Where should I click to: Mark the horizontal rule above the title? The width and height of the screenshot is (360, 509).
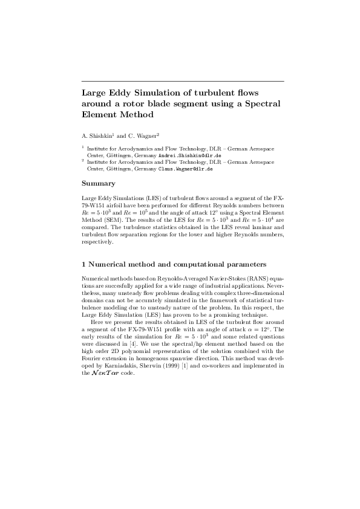(182, 81)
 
